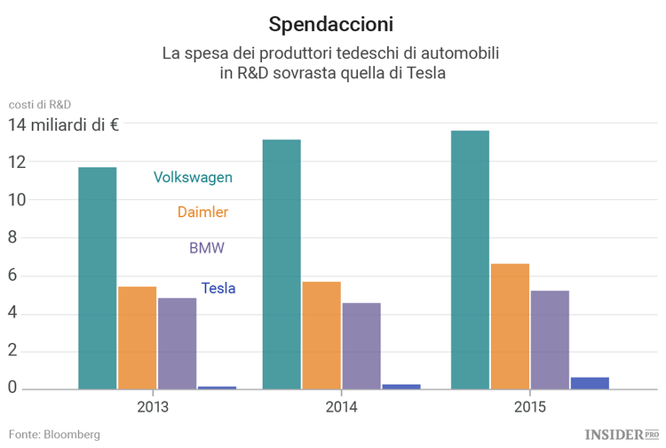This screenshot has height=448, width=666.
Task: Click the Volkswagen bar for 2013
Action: coord(98,277)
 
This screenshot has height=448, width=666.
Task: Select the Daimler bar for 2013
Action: coord(137,338)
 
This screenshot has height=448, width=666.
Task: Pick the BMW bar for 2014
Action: coord(361,346)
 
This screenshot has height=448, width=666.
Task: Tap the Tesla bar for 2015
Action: coord(590,383)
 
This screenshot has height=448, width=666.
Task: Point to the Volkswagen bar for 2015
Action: coord(470,260)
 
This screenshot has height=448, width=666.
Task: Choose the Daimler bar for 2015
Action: coord(510,326)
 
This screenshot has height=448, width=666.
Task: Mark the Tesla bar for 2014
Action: coord(401,387)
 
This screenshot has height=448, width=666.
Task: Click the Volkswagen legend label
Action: coord(193,177)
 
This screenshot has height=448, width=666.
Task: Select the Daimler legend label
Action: coord(202,212)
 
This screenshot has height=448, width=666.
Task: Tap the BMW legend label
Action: coord(207,248)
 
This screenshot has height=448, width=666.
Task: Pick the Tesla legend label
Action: coord(218,288)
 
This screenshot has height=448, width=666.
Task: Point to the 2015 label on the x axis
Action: coord(530,407)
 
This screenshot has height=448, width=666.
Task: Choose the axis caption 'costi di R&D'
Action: coord(39,104)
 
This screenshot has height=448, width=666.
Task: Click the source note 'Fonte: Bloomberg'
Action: coord(54,435)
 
